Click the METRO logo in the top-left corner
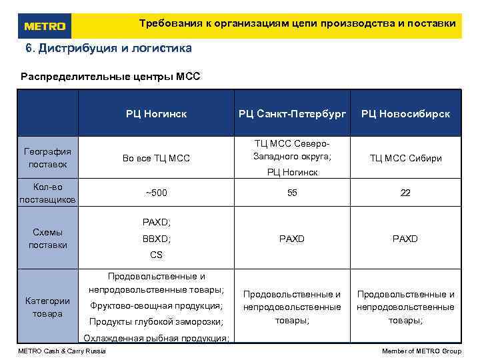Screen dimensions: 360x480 click(45, 26)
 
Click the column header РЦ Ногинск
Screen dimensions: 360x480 click(156, 114)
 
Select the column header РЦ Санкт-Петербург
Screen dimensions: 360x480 click(292, 114)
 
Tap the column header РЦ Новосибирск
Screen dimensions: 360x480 click(405, 114)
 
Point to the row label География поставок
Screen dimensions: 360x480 click(47, 157)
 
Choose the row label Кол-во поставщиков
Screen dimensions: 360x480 click(47, 193)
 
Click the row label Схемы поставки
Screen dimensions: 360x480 click(47, 239)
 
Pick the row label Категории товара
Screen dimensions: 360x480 click(47, 307)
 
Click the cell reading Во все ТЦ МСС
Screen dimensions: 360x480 click(156, 158)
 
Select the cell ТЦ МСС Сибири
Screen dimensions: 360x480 click(405, 158)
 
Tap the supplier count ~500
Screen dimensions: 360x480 click(156, 193)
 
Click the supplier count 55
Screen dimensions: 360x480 click(292, 193)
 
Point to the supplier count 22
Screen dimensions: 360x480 click(405, 193)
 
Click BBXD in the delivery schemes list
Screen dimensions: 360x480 click(156, 239)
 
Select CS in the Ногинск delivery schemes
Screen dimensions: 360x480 click(156, 255)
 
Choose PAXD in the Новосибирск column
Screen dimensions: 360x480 click(405, 239)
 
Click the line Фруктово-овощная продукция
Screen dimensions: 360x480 click(156, 306)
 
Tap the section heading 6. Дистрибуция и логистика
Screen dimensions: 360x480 click(108, 49)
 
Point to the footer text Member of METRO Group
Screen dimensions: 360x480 click(421, 351)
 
